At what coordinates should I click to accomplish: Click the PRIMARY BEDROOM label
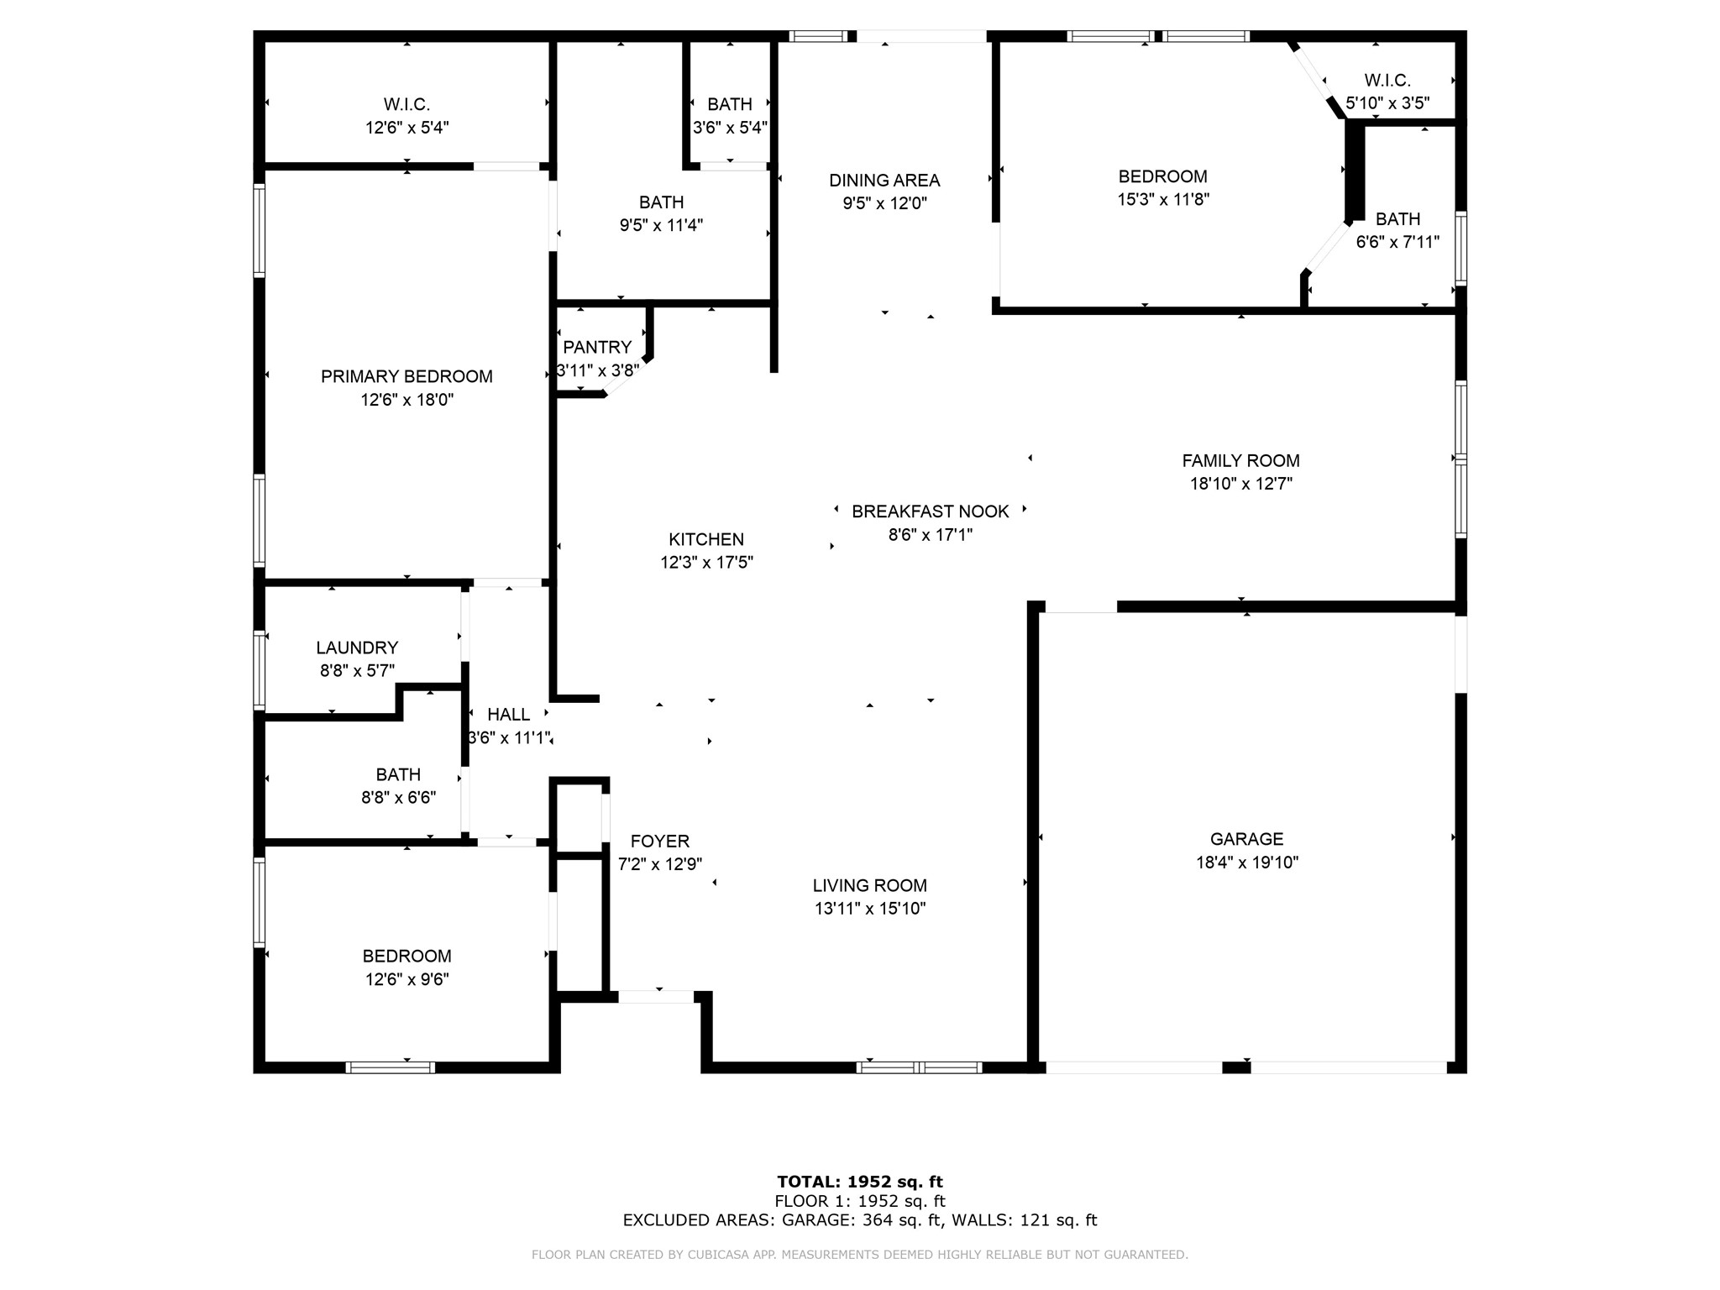click(406, 377)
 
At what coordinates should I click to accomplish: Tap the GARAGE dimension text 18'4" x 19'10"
click(1247, 863)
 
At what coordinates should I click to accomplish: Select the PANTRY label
click(597, 348)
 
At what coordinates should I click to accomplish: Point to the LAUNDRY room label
click(357, 648)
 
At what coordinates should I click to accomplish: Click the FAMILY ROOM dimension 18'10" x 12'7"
click(1240, 484)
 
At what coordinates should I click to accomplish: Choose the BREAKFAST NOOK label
click(930, 511)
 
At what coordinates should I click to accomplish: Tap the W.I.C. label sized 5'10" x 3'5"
click(1387, 81)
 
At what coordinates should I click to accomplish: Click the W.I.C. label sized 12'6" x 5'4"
click(406, 105)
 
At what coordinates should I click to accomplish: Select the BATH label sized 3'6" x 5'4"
click(729, 105)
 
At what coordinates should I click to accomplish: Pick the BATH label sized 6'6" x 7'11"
click(1397, 219)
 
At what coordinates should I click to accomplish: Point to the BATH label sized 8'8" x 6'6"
click(398, 774)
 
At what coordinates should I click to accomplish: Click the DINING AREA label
click(884, 181)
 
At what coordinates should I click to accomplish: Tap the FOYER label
click(660, 842)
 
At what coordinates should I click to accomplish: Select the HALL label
click(508, 715)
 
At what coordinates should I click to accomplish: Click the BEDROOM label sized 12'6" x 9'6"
click(406, 956)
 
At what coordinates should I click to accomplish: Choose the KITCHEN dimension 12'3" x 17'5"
click(706, 563)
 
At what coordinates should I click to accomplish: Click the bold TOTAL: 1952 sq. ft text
click(859, 1182)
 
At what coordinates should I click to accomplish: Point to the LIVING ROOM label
click(869, 885)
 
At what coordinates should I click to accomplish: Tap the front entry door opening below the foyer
click(657, 997)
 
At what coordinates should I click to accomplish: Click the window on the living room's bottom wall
click(919, 1067)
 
